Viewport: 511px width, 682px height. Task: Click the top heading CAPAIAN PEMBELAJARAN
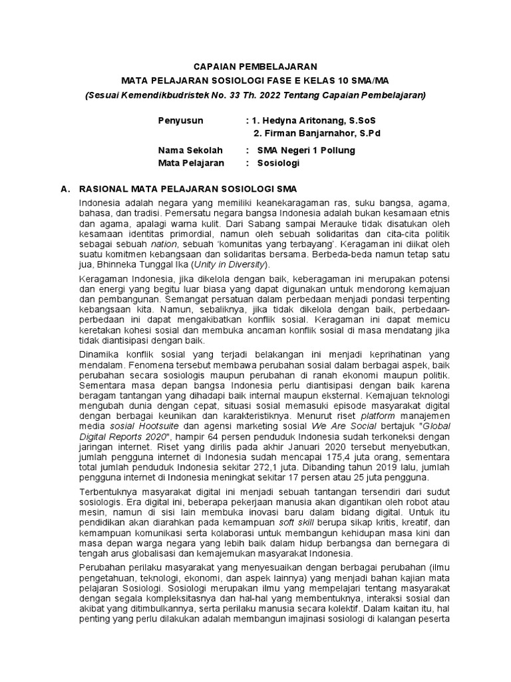point(255,67)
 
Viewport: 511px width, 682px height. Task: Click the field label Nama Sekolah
point(190,150)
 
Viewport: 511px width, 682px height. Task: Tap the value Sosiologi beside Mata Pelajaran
point(279,163)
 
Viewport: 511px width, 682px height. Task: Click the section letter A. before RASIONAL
point(65,189)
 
